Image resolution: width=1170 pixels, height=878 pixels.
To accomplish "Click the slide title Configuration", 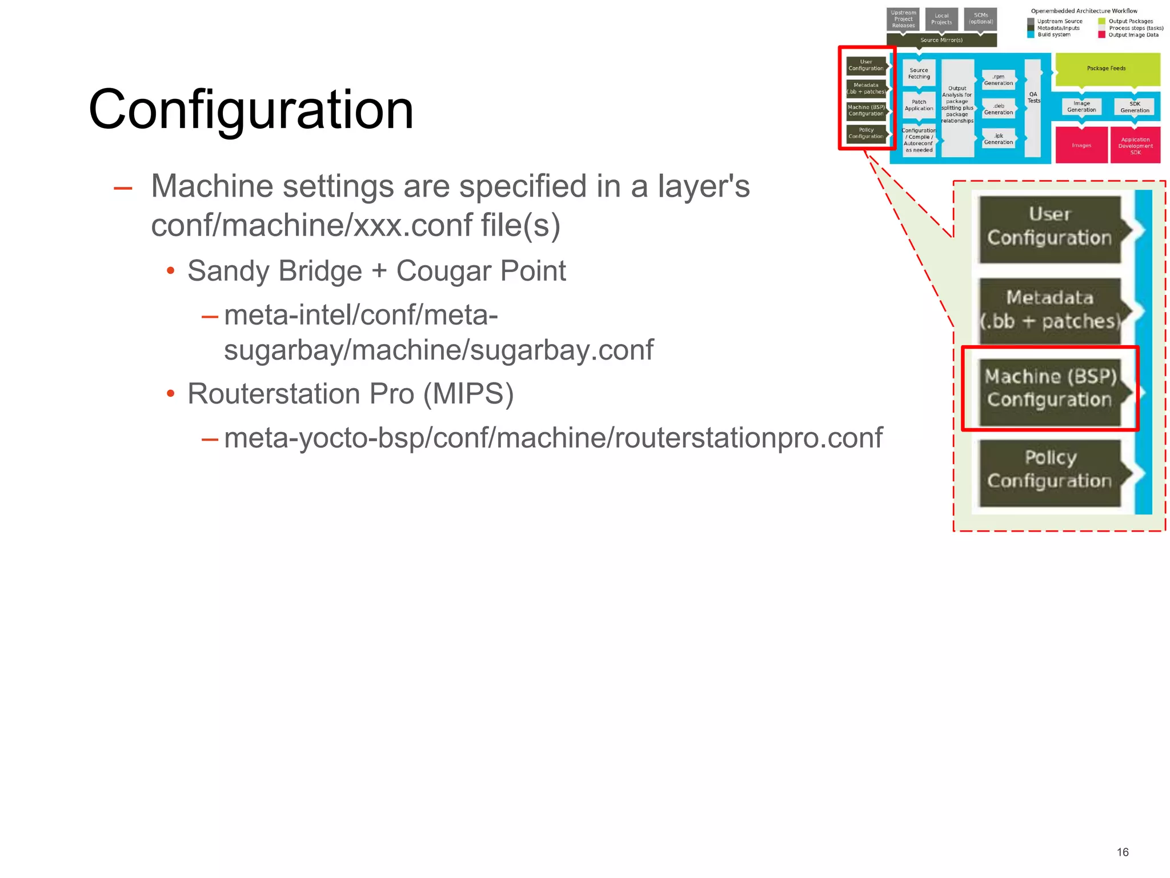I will click(x=251, y=110).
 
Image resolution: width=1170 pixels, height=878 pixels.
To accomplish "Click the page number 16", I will click(x=1122, y=852).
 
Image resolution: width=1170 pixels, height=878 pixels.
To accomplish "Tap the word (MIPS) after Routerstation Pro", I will click(x=468, y=394).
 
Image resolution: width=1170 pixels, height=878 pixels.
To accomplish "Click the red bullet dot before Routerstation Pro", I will click(x=170, y=394).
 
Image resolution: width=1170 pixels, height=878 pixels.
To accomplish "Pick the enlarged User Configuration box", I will click(x=1050, y=229).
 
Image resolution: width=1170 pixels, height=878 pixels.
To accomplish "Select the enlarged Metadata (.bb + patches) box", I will click(x=1050, y=310).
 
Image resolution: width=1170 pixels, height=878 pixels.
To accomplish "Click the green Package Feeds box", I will click(x=1107, y=69).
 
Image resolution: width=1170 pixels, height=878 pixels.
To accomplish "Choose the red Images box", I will click(x=1081, y=146).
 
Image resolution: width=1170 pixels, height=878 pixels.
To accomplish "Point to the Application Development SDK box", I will click(x=1135, y=146).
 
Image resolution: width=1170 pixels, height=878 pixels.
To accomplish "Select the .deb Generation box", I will click(x=998, y=109).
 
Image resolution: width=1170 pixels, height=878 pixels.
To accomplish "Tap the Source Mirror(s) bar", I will click(x=941, y=40).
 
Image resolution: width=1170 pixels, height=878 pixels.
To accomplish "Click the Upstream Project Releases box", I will click(x=903, y=19).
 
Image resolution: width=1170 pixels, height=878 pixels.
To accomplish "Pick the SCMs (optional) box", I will click(x=980, y=19).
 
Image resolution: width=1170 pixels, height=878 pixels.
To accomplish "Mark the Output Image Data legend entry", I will click(x=1133, y=35).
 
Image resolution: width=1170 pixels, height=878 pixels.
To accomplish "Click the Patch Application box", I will click(x=919, y=106).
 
